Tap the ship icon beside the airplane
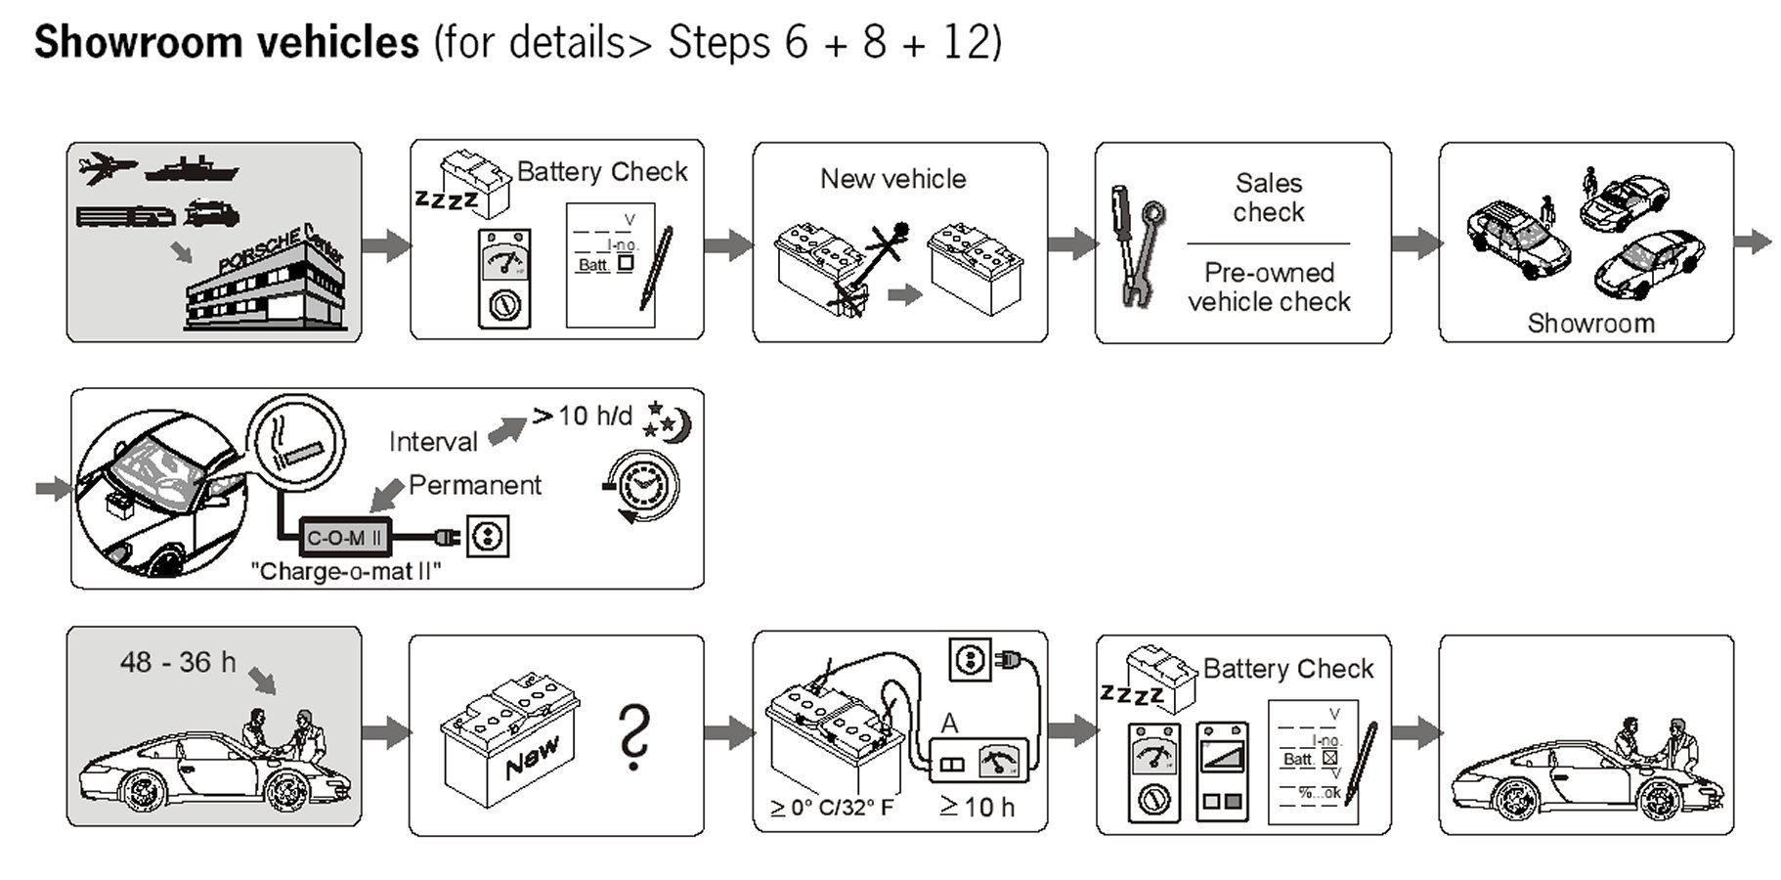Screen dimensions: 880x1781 tap(191, 170)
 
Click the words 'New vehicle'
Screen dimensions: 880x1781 tap(892, 179)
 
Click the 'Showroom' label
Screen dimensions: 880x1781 tap(1590, 324)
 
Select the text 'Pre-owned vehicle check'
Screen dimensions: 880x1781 tap(1269, 287)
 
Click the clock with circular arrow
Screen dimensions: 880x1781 tap(641, 485)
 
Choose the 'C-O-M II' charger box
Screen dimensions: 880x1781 tap(343, 537)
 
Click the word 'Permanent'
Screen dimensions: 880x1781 tap(474, 485)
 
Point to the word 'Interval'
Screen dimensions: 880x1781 tap(433, 442)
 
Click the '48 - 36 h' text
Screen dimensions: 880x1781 tap(178, 662)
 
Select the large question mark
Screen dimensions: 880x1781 tap(633, 737)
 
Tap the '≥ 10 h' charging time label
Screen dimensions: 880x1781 tap(977, 808)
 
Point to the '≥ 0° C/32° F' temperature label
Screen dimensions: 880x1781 tap(832, 809)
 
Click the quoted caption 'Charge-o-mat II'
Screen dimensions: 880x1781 tap(346, 571)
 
